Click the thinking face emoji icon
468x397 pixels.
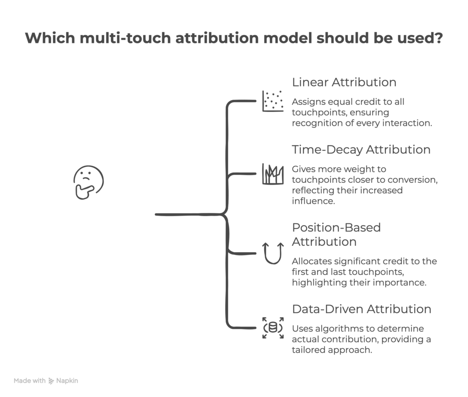pyautogui.click(x=89, y=182)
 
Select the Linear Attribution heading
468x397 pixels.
pyautogui.click(x=344, y=82)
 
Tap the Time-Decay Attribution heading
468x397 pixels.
pyautogui.click(x=361, y=150)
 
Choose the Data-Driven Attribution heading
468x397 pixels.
pyautogui.click(x=361, y=309)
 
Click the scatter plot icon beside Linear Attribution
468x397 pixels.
pyautogui.click(x=272, y=101)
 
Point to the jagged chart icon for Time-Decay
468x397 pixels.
pyautogui.click(x=272, y=174)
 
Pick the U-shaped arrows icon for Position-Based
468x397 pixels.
pyautogui.click(x=272, y=253)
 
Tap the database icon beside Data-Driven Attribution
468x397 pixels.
pyautogui.click(x=272, y=328)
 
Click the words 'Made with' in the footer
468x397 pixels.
pyautogui.click(x=29, y=381)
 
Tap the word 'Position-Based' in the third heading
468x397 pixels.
pyautogui.click(x=336, y=228)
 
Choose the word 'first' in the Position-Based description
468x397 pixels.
pyautogui.click(x=301, y=272)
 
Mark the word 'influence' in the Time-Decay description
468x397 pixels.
pyautogui.click(x=310, y=201)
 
